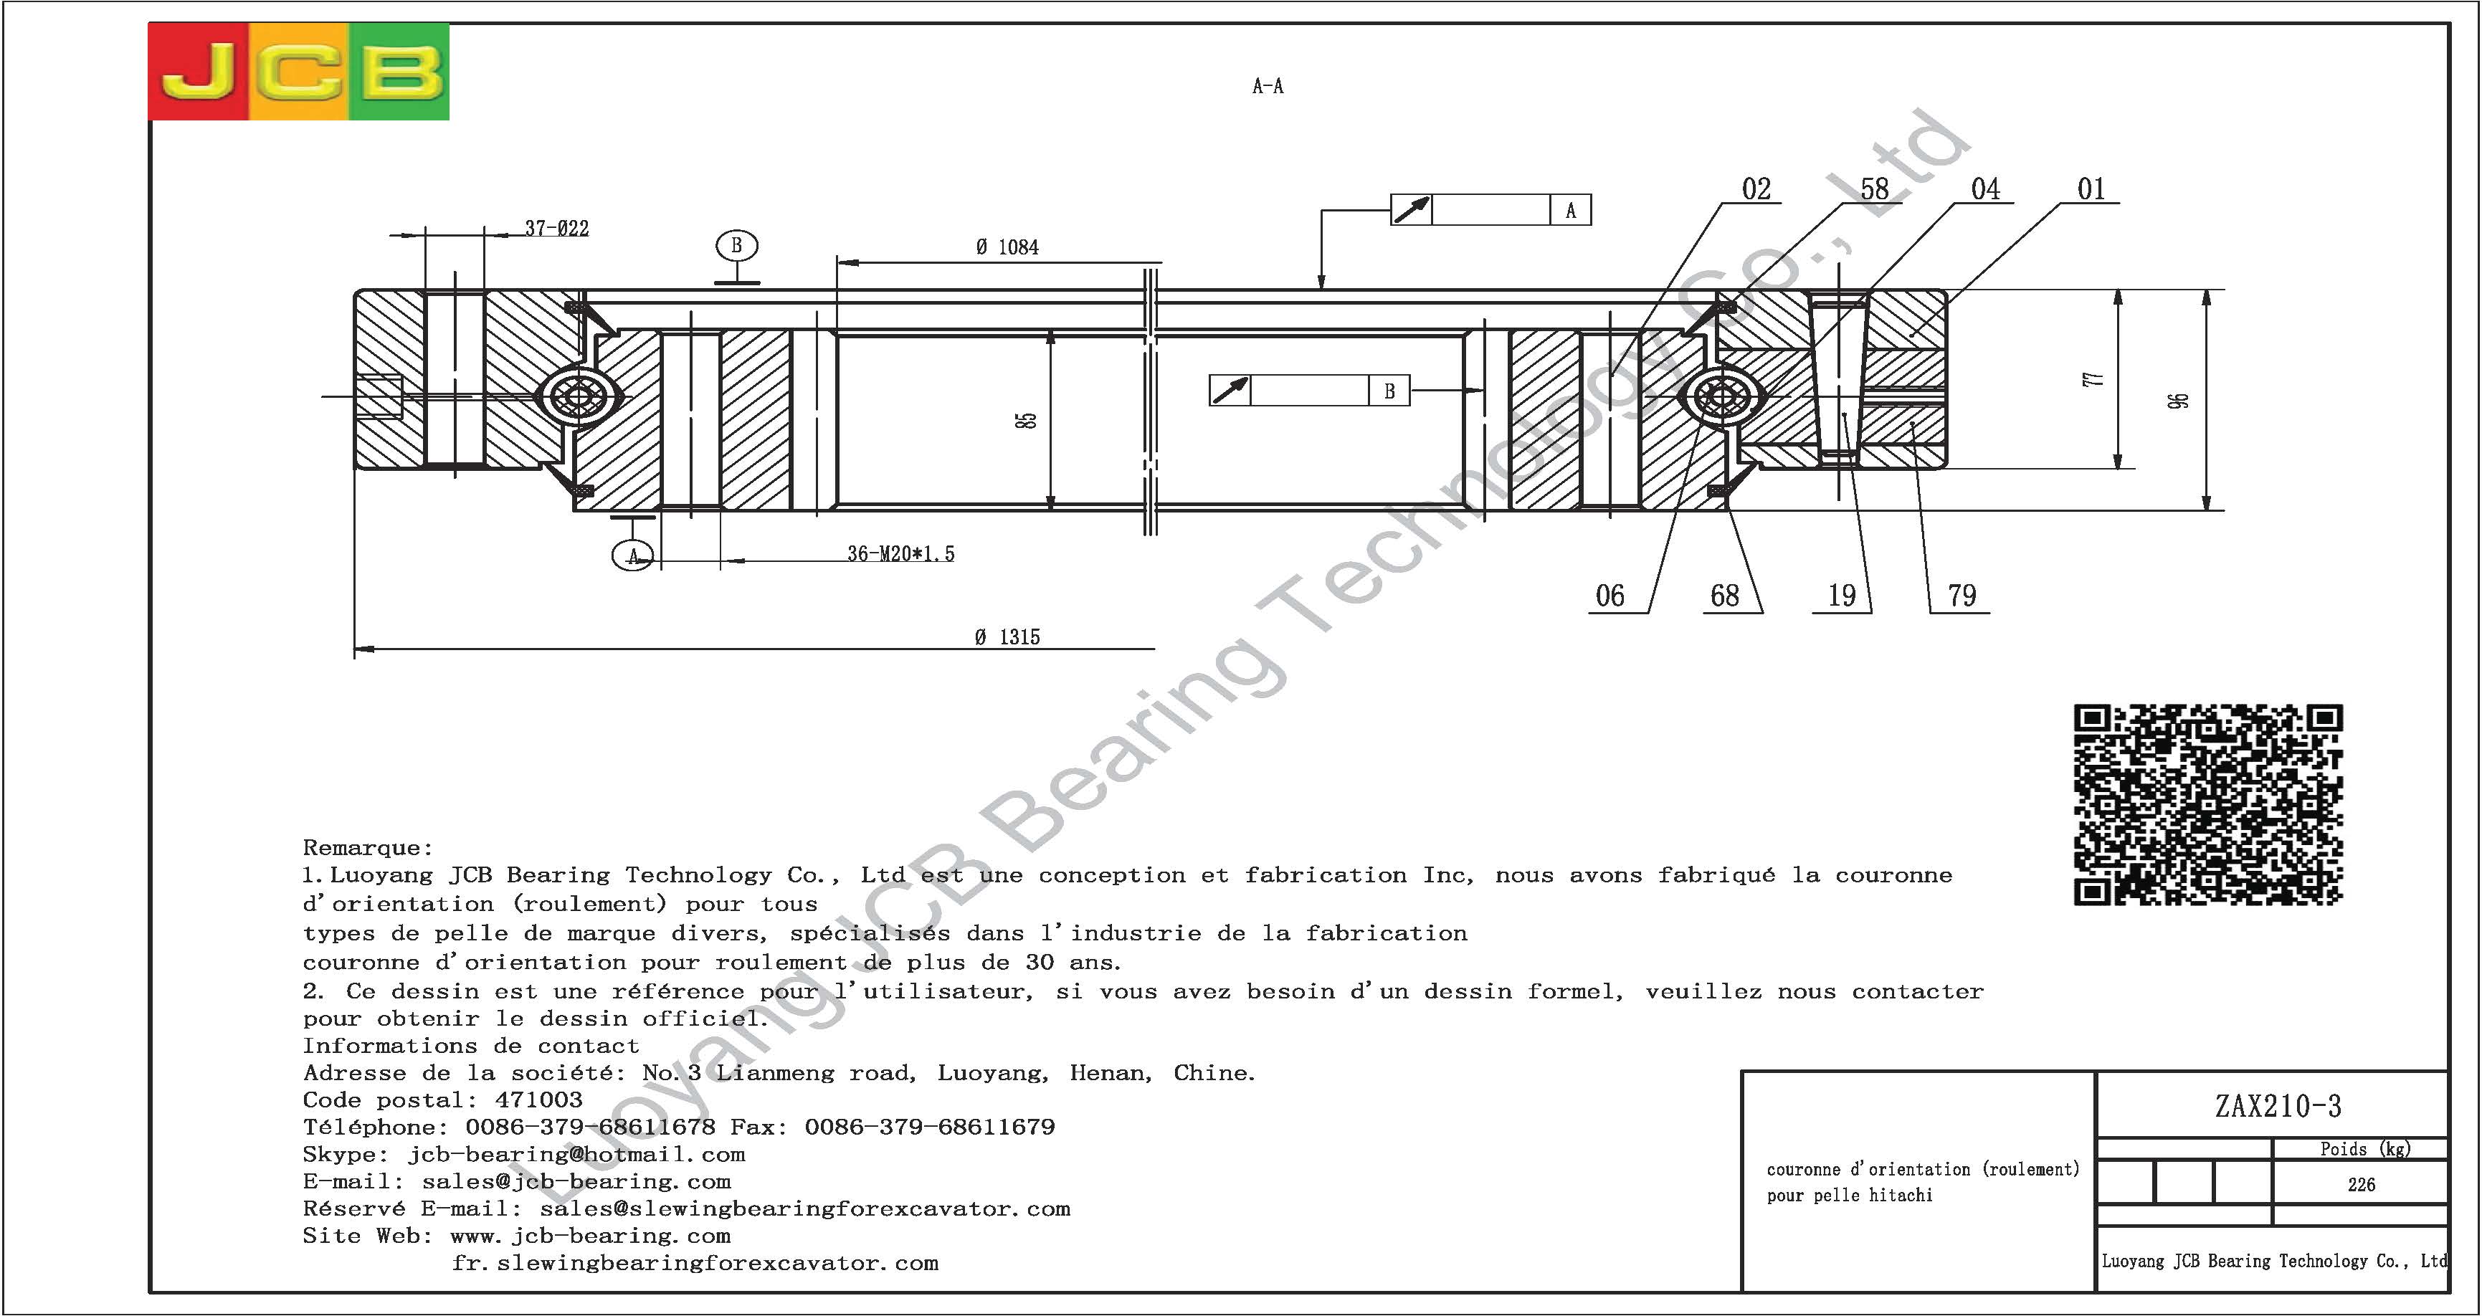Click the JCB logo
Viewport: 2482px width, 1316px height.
point(299,72)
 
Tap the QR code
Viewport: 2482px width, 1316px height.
point(2207,804)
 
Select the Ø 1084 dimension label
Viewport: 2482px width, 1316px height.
point(1007,247)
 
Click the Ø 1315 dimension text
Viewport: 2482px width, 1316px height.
point(1007,636)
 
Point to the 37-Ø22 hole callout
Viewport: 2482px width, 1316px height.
point(557,229)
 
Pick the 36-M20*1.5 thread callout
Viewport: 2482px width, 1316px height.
point(901,554)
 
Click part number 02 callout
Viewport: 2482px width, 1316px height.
point(1756,189)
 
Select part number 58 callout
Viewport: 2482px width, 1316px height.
point(1874,189)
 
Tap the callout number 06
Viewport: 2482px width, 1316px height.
point(1610,596)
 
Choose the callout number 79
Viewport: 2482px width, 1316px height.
point(1962,596)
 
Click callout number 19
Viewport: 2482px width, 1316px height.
point(1841,596)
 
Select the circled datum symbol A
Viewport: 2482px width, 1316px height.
point(633,556)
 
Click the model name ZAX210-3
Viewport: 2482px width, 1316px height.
point(2278,1106)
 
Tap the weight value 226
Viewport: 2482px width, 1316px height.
point(2361,1185)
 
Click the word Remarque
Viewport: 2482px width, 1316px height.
point(367,848)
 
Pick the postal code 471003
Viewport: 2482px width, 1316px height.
point(538,1100)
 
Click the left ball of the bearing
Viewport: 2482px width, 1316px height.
point(579,396)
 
